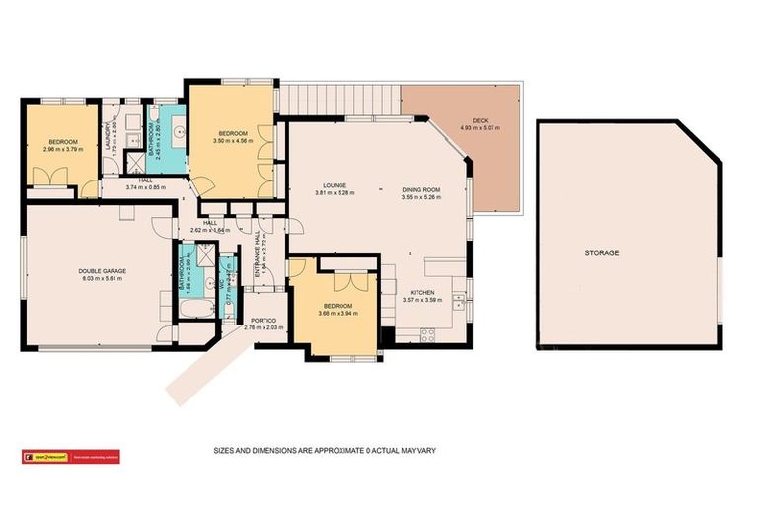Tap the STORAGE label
click(600, 253)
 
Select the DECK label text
click(480, 120)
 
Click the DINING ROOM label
click(420, 189)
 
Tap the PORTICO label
click(263, 320)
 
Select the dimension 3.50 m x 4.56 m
click(233, 141)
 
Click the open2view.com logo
click(50, 457)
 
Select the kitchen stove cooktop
click(429, 332)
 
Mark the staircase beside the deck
click(340, 98)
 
